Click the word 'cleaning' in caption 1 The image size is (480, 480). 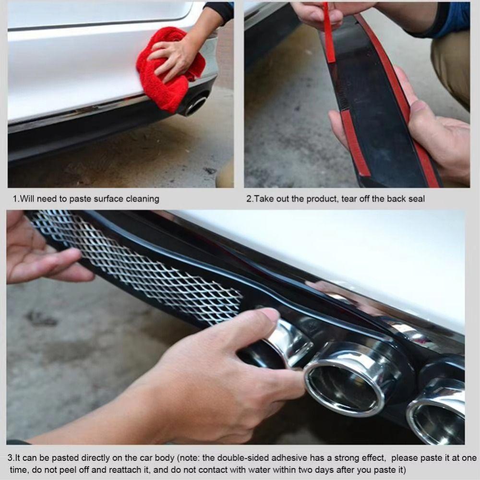coord(143,199)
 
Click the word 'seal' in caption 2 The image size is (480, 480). coord(416,199)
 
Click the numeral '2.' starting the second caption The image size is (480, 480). coord(250,199)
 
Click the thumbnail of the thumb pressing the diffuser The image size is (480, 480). coord(270,315)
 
